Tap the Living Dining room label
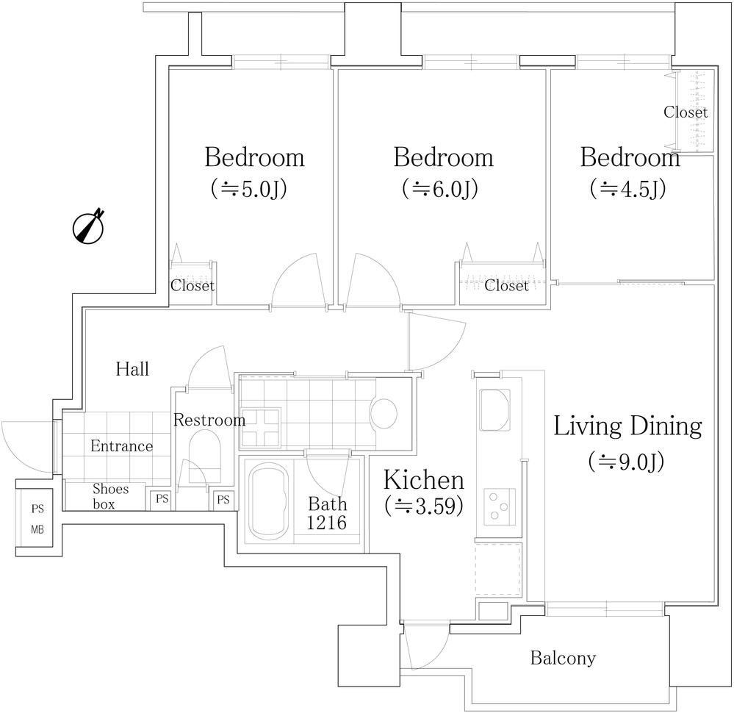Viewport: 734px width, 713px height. click(x=627, y=426)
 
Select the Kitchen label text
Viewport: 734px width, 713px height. click(x=424, y=481)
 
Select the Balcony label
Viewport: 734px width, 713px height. click(x=563, y=658)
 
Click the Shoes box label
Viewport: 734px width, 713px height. click(x=110, y=496)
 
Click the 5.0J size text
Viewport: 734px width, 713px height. click(x=248, y=190)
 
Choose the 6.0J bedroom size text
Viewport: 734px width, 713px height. click(x=440, y=190)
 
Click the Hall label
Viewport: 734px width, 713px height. click(x=132, y=368)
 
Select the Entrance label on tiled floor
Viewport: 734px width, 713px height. click(x=122, y=446)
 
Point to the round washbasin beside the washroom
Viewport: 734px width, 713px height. click(x=384, y=413)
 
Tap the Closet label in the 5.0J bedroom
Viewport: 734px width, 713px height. click(x=193, y=286)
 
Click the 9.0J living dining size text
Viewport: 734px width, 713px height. click(x=626, y=462)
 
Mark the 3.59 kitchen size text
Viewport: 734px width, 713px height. click(x=424, y=506)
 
